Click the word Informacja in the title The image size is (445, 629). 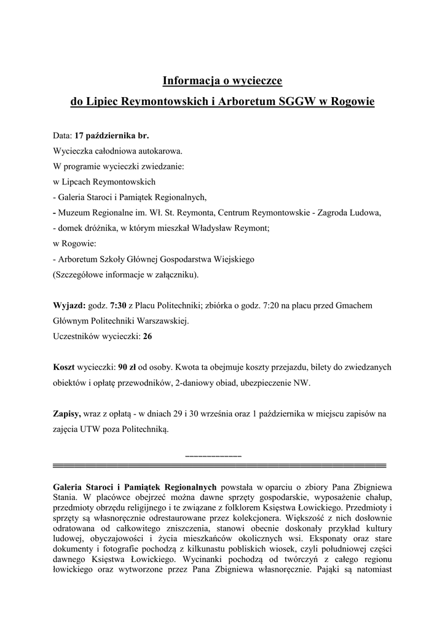[x=187, y=80]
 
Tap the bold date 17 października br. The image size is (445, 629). [x=112, y=134]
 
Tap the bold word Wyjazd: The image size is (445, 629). [x=69, y=305]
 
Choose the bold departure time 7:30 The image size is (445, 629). [x=118, y=305]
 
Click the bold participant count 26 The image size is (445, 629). [x=147, y=336]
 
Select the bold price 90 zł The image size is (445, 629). [x=128, y=367]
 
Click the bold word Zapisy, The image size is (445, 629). [x=68, y=414]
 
